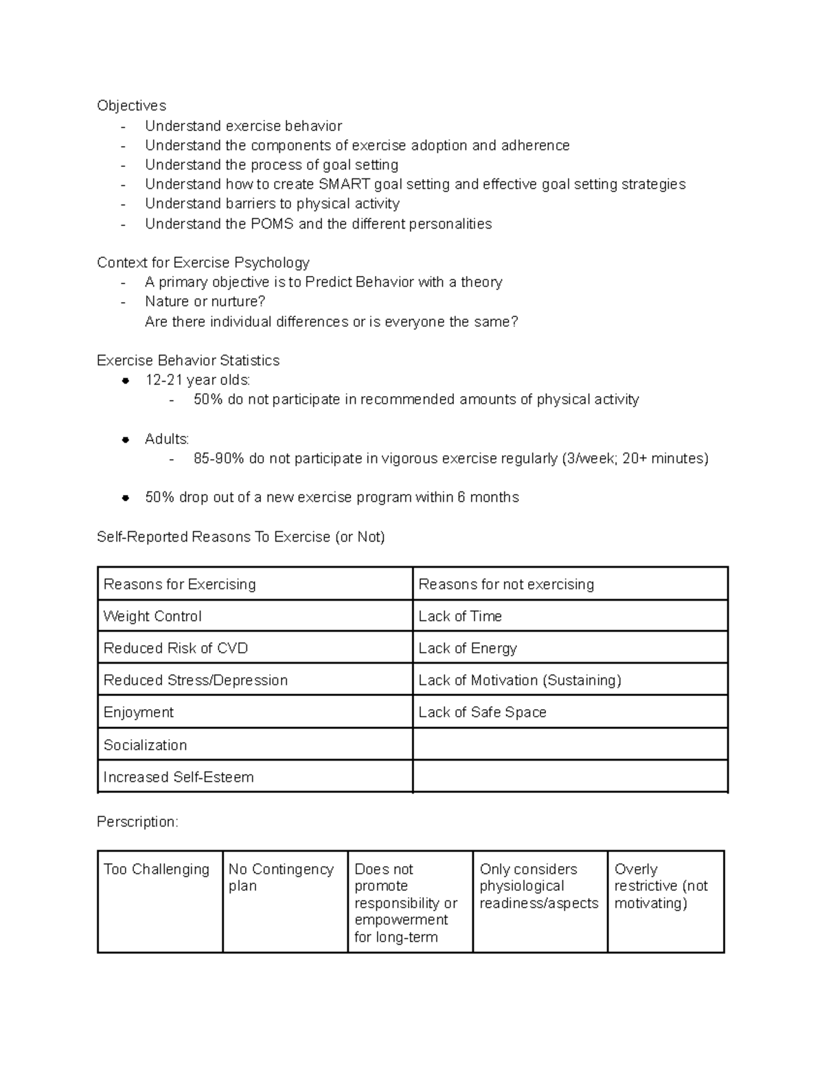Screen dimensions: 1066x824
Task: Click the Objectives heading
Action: click(x=131, y=106)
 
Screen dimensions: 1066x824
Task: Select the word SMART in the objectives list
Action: click(x=344, y=184)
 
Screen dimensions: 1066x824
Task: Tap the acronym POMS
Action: click(x=273, y=224)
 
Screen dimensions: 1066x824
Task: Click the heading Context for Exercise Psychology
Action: click(x=203, y=262)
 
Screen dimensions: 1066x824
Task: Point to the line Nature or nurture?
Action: click(x=205, y=301)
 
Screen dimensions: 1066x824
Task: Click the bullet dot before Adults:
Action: click(x=126, y=439)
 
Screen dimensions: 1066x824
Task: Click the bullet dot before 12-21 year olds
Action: click(x=126, y=380)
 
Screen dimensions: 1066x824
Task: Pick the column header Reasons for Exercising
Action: click(x=179, y=584)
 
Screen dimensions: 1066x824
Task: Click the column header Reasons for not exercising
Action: click(x=506, y=584)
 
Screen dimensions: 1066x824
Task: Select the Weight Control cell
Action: click(x=152, y=616)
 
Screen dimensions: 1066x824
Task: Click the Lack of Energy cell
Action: click(x=468, y=648)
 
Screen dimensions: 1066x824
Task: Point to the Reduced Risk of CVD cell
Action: click(x=175, y=648)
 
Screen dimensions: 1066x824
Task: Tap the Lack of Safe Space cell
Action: click(x=482, y=712)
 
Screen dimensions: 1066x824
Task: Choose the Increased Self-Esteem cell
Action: click(x=179, y=777)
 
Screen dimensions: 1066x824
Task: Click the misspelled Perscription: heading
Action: click(x=137, y=822)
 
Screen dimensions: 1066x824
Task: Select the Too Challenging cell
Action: click(x=157, y=869)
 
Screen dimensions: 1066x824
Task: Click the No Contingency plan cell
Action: click(x=281, y=877)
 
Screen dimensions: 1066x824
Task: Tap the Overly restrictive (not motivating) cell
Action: click(x=661, y=886)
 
